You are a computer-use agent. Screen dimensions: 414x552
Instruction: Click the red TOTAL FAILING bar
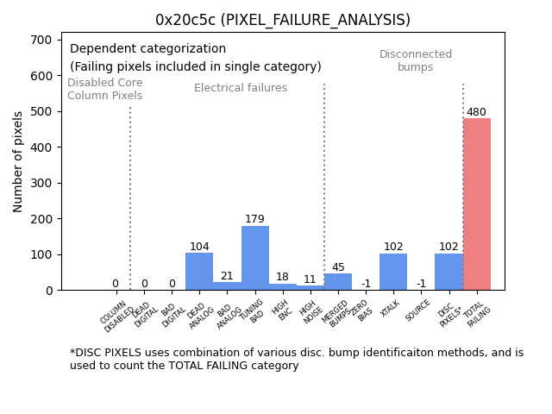pos(477,204)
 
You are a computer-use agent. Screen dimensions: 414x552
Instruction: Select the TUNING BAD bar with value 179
pos(255,258)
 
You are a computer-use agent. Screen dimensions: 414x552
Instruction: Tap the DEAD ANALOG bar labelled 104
pos(199,272)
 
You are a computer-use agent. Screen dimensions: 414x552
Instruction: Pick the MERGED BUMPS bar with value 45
pos(338,282)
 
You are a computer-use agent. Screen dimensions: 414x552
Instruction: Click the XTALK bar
pos(393,272)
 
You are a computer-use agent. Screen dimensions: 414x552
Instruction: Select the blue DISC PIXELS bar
pos(448,272)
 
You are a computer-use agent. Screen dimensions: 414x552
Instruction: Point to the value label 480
pos(477,112)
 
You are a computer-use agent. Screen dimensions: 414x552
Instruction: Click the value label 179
pos(254,219)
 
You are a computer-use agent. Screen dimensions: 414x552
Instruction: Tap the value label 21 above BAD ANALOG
pos(227,276)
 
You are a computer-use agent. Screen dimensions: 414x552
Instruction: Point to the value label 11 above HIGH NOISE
pos(310,279)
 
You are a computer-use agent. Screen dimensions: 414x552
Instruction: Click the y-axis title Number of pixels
pos(18,161)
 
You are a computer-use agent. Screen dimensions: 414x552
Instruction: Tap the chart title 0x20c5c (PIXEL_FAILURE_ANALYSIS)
pos(283,20)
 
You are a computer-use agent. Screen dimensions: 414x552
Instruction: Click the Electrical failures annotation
pos(241,88)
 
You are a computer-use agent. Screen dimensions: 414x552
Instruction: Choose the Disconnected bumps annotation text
pos(416,60)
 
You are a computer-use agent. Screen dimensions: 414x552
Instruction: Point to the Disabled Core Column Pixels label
pos(105,89)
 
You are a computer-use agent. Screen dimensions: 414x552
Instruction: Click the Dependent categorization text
pos(147,49)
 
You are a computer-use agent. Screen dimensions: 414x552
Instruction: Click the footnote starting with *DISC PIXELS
pos(297,359)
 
